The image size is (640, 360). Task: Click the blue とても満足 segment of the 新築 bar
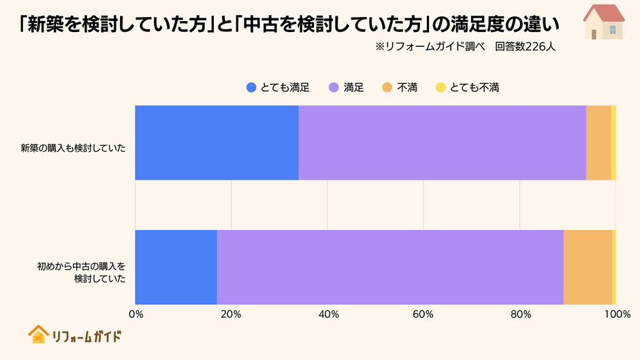pyautogui.click(x=217, y=143)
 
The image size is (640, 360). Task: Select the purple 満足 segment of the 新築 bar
pyautogui.click(x=442, y=143)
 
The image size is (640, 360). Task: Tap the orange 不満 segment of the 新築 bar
pyautogui.click(x=598, y=143)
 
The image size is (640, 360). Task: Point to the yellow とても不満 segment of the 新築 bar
pyautogui.click(x=613, y=143)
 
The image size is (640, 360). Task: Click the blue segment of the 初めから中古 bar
pyautogui.click(x=176, y=267)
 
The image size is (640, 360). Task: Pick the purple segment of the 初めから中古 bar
pyautogui.click(x=390, y=267)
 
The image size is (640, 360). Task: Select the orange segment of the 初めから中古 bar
pyautogui.click(x=587, y=267)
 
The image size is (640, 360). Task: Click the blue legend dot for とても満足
pyautogui.click(x=251, y=87)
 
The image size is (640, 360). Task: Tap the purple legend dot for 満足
pyautogui.click(x=334, y=87)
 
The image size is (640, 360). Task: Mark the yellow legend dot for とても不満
pyautogui.click(x=441, y=87)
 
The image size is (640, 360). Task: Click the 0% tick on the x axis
pyautogui.click(x=135, y=314)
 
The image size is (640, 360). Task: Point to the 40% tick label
pyautogui.click(x=328, y=314)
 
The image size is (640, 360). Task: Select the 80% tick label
pyautogui.click(x=521, y=314)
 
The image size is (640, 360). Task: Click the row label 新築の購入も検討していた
pyautogui.click(x=74, y=148)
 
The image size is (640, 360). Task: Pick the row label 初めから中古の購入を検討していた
pyautogui.click(x=82, y=272)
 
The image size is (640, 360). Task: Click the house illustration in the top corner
pyautogui.click(x=604, y=22)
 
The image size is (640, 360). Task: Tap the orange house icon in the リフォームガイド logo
pyautogui.click(x=37, y=334)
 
